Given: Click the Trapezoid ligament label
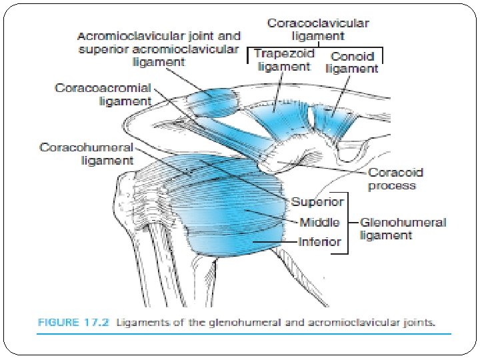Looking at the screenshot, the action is point(283,61).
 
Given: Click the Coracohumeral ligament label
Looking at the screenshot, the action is point(87,153).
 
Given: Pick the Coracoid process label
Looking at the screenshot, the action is point(396,179).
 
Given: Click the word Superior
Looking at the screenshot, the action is point(317,201).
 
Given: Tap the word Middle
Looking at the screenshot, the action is point(319,222).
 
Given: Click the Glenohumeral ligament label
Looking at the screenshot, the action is point(403,229).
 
